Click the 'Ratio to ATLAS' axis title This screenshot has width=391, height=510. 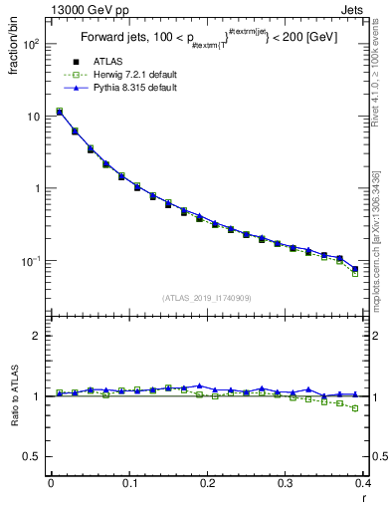click(x=14, y=396)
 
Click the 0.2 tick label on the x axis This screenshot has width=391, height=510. click(x=207, y=484)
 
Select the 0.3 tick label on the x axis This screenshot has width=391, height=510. click(x=286, y=484)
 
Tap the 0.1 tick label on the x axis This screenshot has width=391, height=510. click(x=128, y=484)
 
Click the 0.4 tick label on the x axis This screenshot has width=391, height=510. click(x=362, y=484)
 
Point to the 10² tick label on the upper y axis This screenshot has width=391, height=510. click(x=32, y=45)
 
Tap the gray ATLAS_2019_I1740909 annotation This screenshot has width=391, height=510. click(x=205, y=298)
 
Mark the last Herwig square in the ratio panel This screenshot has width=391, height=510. click(x=355, y=408)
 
